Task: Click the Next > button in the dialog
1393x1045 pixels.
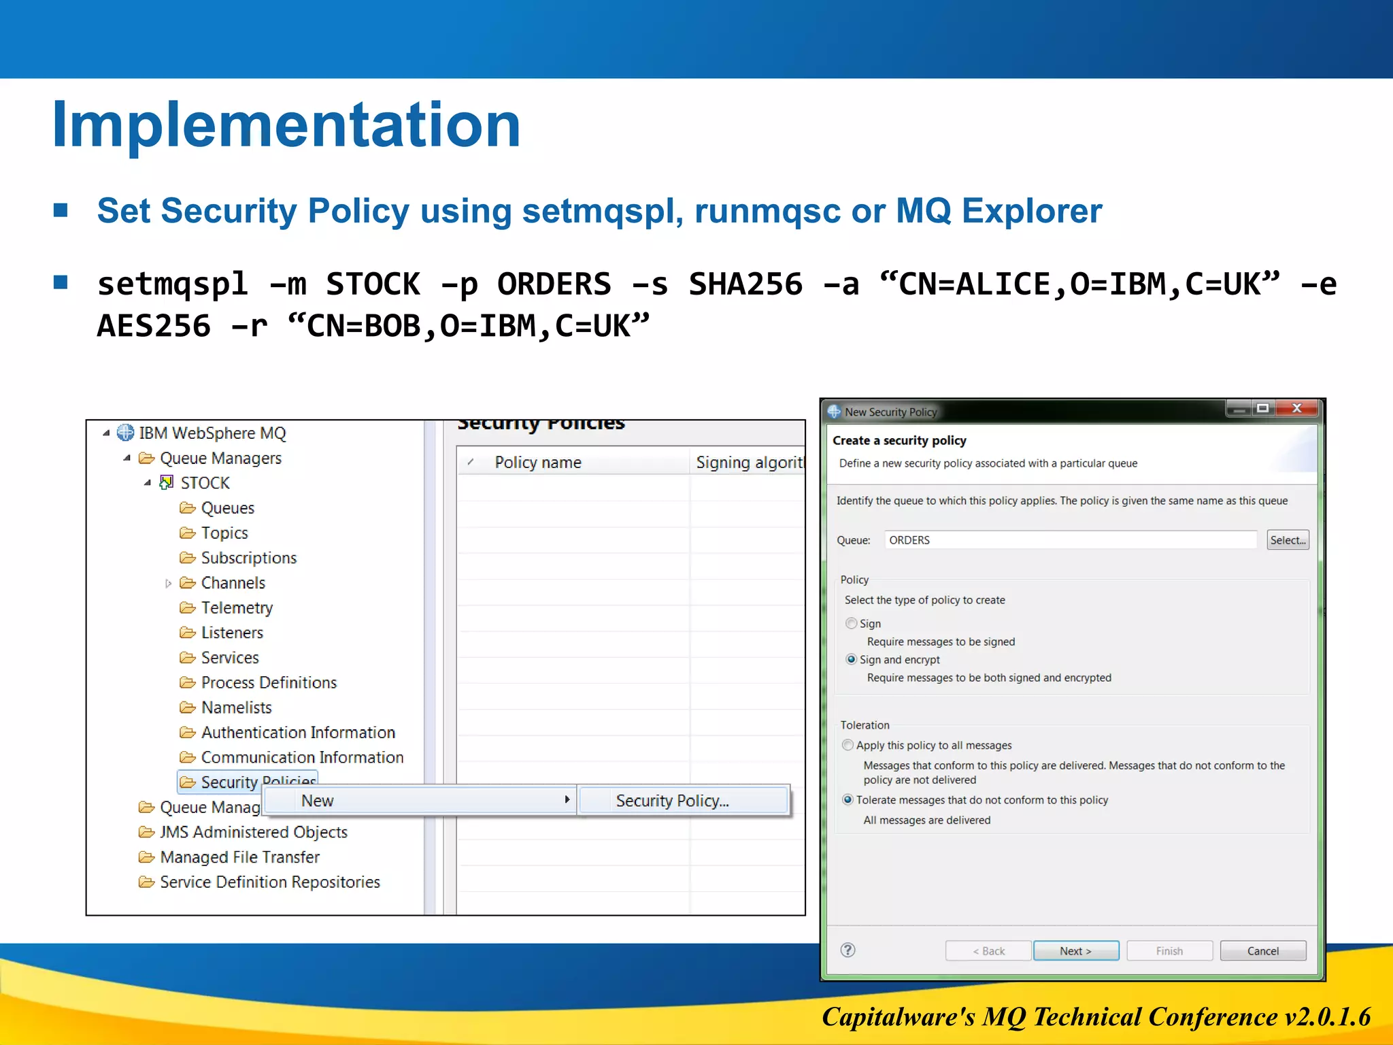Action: (1075, 950)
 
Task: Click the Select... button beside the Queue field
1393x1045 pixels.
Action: (1287, 540)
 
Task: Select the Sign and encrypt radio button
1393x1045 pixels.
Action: (851, 659)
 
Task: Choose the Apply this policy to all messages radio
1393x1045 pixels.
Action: (847, 745)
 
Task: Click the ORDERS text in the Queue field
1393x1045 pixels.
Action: (909, 540)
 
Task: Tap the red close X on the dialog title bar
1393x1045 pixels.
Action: (1296, 408)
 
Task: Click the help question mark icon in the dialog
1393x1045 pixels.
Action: (847, 950)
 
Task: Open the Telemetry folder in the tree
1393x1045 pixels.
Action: (236, 608)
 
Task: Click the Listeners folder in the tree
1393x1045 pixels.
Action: (231, 633)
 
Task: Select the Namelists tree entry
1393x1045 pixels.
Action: (236, 708)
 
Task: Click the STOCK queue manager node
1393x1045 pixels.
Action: (205, 483)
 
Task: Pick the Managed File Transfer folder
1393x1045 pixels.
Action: (239, 857)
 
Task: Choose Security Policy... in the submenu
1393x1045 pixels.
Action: (672, 801)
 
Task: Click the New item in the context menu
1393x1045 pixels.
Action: (318, 801)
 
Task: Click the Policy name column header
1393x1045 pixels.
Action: (537, 463)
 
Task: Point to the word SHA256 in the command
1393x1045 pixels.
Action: (745, 284)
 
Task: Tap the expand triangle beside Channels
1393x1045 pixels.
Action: (168, 583)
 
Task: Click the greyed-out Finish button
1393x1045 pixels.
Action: (1169, 950)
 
